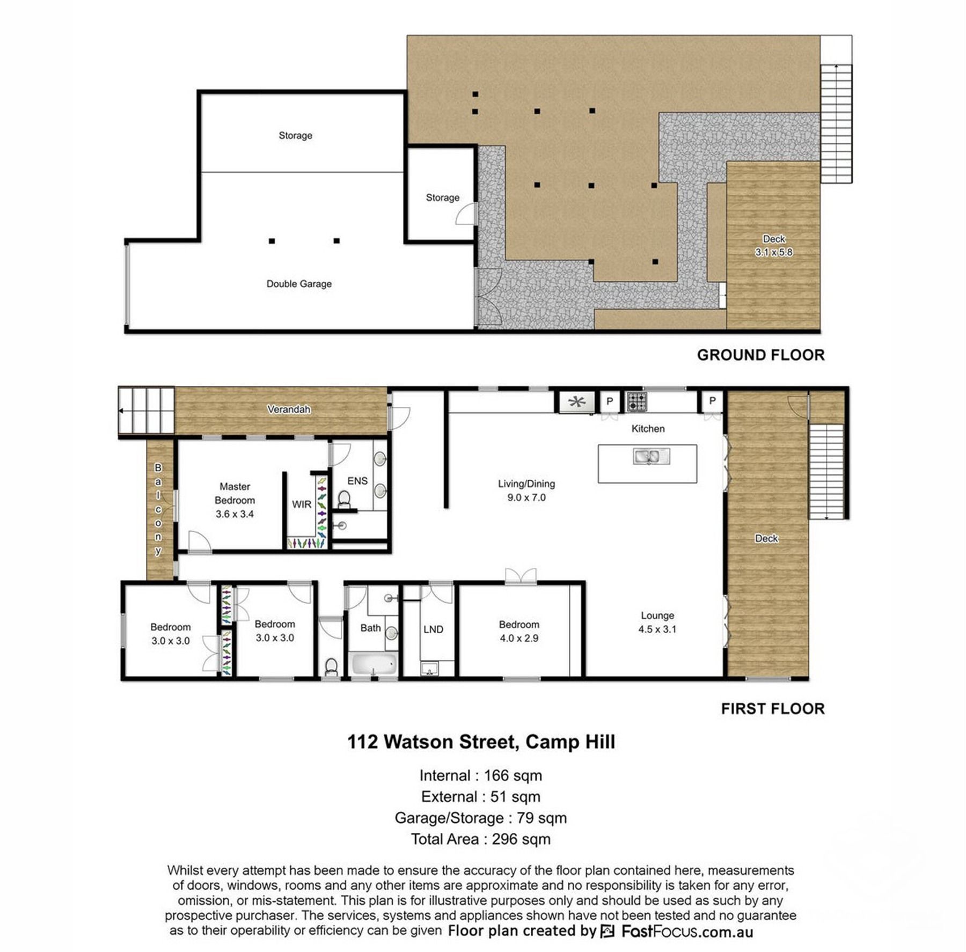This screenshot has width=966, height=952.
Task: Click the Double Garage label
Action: tap(299, 284)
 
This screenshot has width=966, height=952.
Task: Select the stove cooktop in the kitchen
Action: tap(637, 401)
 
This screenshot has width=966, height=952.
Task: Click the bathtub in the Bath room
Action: tap(374, 664)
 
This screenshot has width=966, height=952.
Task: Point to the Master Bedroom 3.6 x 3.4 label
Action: tap(235, 500)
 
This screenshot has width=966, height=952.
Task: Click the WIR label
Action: tap(302, 504)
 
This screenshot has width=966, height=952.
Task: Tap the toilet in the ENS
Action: tap(344, 500)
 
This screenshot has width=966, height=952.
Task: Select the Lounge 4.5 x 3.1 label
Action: tap(657, 623)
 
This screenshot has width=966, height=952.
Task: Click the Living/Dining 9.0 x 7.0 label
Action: tap(526, 490)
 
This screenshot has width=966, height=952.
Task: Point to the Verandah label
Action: tap(289, 409)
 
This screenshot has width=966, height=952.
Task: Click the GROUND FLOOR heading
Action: tap(760, 355)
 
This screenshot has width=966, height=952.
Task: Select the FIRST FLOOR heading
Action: tap(773, 709)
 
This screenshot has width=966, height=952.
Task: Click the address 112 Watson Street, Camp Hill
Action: tap(481, 742)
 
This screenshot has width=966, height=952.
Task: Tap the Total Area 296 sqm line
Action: tap(481, 839)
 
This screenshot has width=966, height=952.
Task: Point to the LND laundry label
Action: tap(433, 629)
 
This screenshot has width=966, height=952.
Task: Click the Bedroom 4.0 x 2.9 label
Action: tap(519, 631)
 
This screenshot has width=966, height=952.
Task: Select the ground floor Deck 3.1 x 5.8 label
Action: tap(773, 246)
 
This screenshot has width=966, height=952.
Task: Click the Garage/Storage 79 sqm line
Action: tap(481, 818)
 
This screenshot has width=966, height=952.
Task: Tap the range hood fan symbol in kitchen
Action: tap(577, 402)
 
